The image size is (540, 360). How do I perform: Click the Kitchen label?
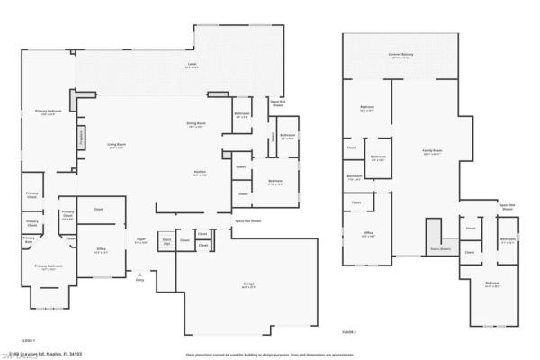click(x=200, y=174)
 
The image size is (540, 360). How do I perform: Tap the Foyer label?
click(x=140, y=241)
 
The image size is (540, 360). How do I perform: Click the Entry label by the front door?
click(x=139, y=280)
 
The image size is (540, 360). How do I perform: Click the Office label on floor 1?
click(x=101, y=251)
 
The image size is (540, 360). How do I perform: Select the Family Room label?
click(x=433, y=151)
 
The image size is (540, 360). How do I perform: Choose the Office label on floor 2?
click(x=368, y=234)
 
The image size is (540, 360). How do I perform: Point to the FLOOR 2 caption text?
click(x=349, y=332)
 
